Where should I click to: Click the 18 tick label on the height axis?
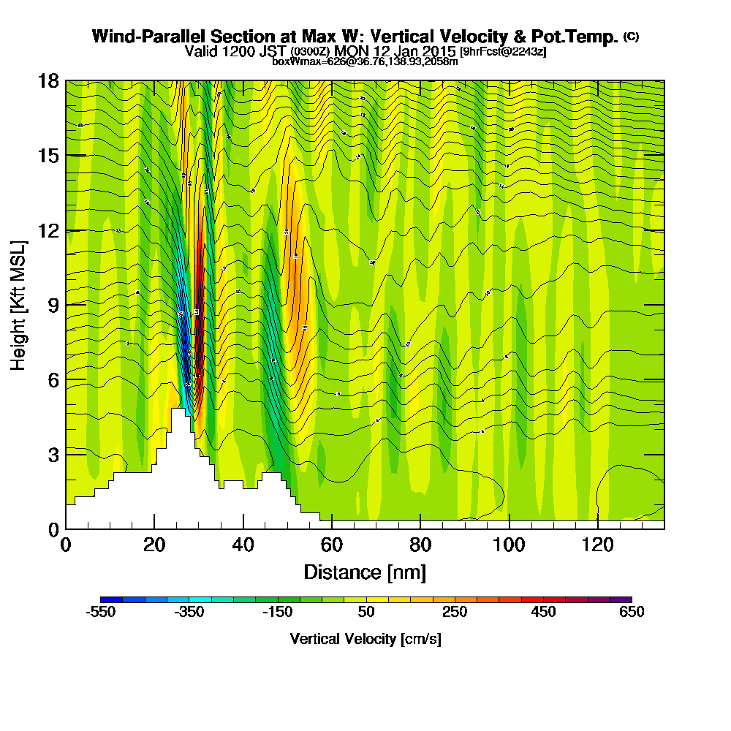click(48, 80)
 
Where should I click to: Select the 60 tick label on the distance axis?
click(332, 545)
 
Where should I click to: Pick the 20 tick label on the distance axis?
click(154, 545)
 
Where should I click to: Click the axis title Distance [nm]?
click(365, 571)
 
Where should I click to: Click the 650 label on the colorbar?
click(632, 612)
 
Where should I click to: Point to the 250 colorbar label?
click(455, 612)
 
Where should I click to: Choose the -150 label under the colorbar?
click(278, 612)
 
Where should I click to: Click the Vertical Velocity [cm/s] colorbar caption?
click(365, 639)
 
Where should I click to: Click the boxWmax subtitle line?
click(365, 61)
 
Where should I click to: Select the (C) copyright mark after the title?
click(631, 37)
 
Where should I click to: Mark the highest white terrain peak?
click(177, 411)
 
